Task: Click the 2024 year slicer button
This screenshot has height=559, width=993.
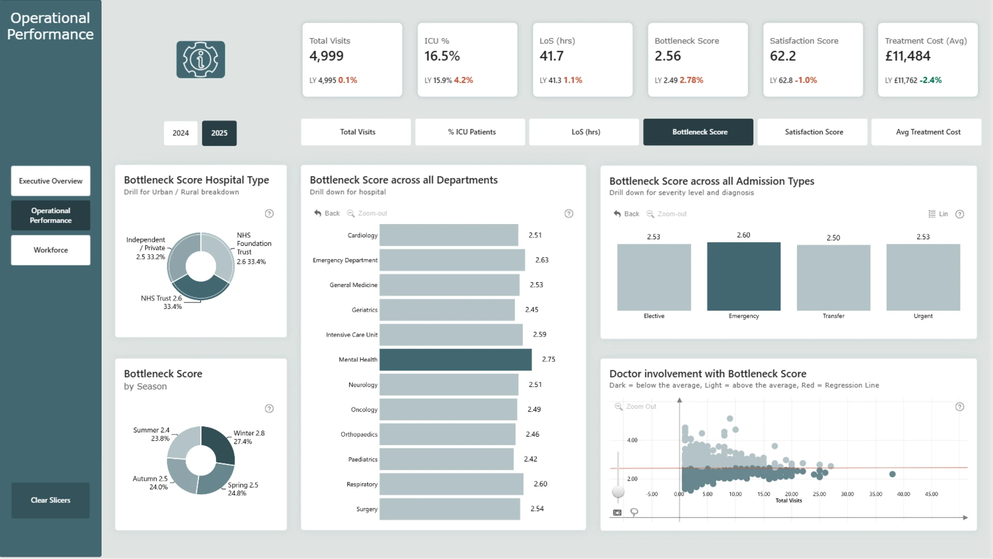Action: click(180, 133)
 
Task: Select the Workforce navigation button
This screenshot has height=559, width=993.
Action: click(51, 250)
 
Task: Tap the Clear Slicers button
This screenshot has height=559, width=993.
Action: click(51, 500)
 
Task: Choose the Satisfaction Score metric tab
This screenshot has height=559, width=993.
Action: click(814, 132)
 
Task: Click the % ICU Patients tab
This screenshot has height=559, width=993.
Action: click(472, 132)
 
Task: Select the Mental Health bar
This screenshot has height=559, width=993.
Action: click(456, 360)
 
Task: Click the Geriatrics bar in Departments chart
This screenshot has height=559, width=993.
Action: click(447, 310)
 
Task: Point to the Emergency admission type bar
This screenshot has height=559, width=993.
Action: click(744, 276)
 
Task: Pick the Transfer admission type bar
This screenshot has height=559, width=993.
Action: click(834, 278)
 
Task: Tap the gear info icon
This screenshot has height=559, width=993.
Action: click(201, 60)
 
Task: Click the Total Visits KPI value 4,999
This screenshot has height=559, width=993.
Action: click(326, 56)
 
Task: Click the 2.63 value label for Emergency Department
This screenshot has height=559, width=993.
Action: click(541, 260)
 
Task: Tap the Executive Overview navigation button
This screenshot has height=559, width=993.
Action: click(51, 181)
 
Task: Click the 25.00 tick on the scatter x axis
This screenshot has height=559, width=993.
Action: click(819, 494)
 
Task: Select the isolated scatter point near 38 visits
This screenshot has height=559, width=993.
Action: click(892, 474)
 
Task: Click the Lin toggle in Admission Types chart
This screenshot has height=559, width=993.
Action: click(938, 214)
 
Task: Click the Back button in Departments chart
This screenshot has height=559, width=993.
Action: click(327, 213)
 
